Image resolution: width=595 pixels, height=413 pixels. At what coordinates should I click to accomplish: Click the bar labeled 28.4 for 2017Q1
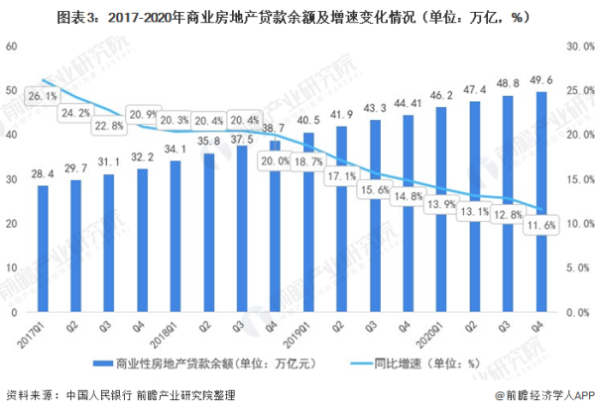43,249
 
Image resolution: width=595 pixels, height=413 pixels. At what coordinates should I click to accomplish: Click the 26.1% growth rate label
43,96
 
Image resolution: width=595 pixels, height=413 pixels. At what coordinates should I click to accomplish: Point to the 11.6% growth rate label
540,227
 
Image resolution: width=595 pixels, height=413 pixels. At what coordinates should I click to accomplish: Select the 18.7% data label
308,161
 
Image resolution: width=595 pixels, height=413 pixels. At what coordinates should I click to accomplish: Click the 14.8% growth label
408,196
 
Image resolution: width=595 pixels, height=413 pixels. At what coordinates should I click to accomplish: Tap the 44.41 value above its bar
408,103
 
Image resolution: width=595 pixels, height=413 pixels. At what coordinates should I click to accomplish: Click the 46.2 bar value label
440,95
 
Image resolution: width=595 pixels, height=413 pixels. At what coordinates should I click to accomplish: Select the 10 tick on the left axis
11,268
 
